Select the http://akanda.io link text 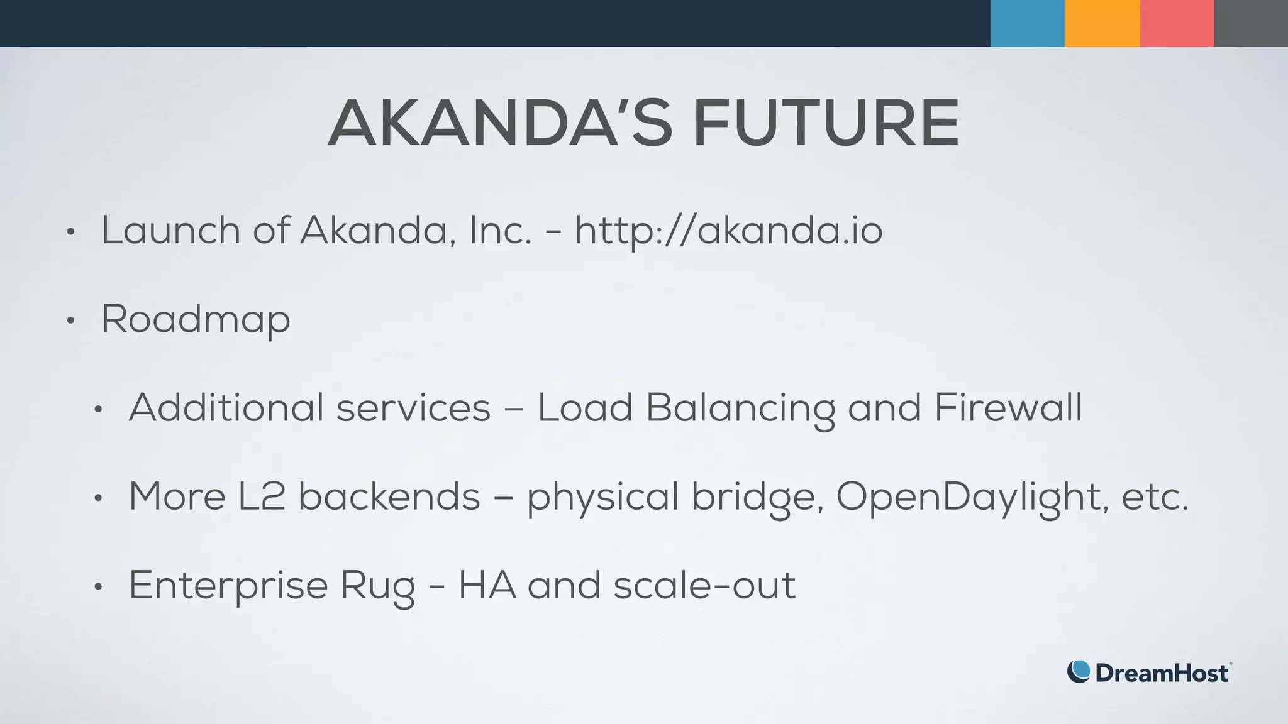[728, 231]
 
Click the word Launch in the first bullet [170, 231]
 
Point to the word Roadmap [196, 320]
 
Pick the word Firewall [1008, 408]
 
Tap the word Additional [226, 408]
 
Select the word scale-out [704, 586]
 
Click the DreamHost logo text [1162, 673]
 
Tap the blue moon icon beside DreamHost [1078, 671]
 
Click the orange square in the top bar [1102, 23]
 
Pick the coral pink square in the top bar [1176, 23]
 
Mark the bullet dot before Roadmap [70, 321]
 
